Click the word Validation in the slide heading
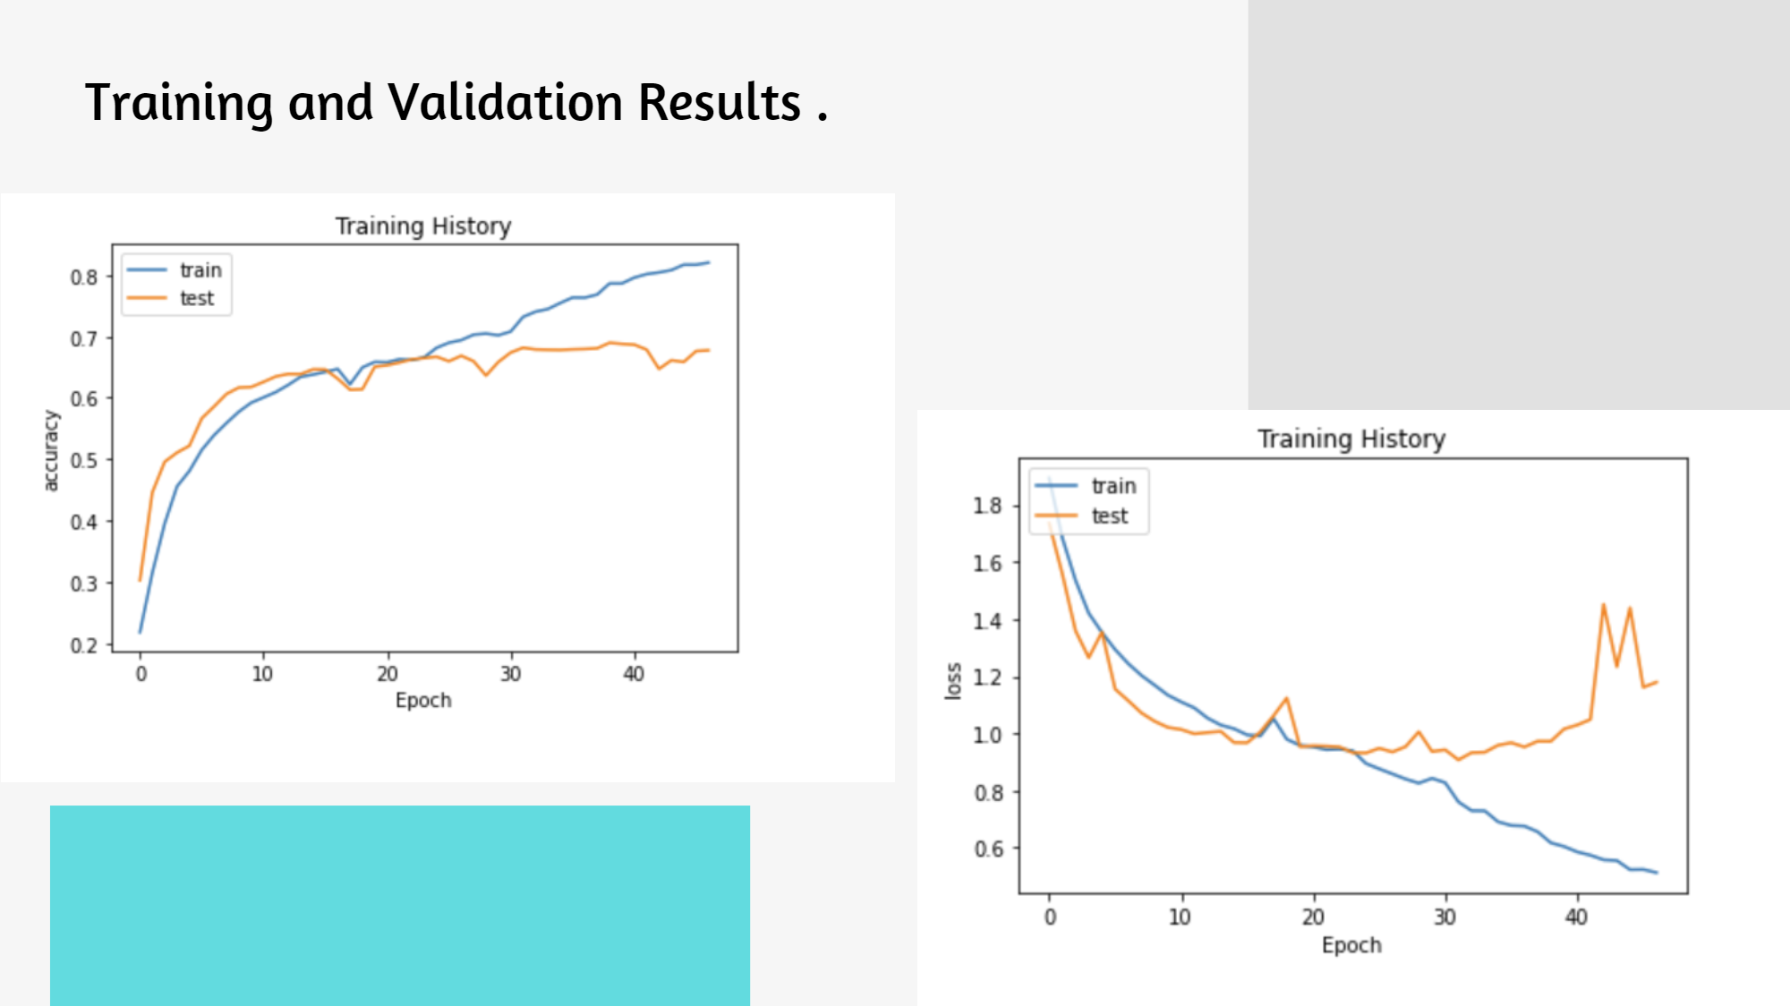coord(505,102)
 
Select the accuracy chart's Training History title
coord(423,226)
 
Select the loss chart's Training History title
coord(1351,439)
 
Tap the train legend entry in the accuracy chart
coord(200,270)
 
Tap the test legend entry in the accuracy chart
coord(197,299)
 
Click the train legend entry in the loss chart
coord(1113,486)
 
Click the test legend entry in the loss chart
coord(1110,516)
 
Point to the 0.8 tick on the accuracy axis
coord(84,277)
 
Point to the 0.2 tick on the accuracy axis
coord(84,645)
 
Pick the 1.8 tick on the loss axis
coord(987,507)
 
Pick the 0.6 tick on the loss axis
coord(987,848)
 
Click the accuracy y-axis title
coord(51,450)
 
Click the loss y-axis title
coord(953,681)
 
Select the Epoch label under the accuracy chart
coord(423,701)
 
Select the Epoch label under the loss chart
coord(1351,946)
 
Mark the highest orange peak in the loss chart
coord(1603,605)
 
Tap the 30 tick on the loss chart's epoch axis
coord(1445,917)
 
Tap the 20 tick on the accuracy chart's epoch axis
coord(387,674)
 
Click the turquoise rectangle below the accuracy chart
coord(400,904)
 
